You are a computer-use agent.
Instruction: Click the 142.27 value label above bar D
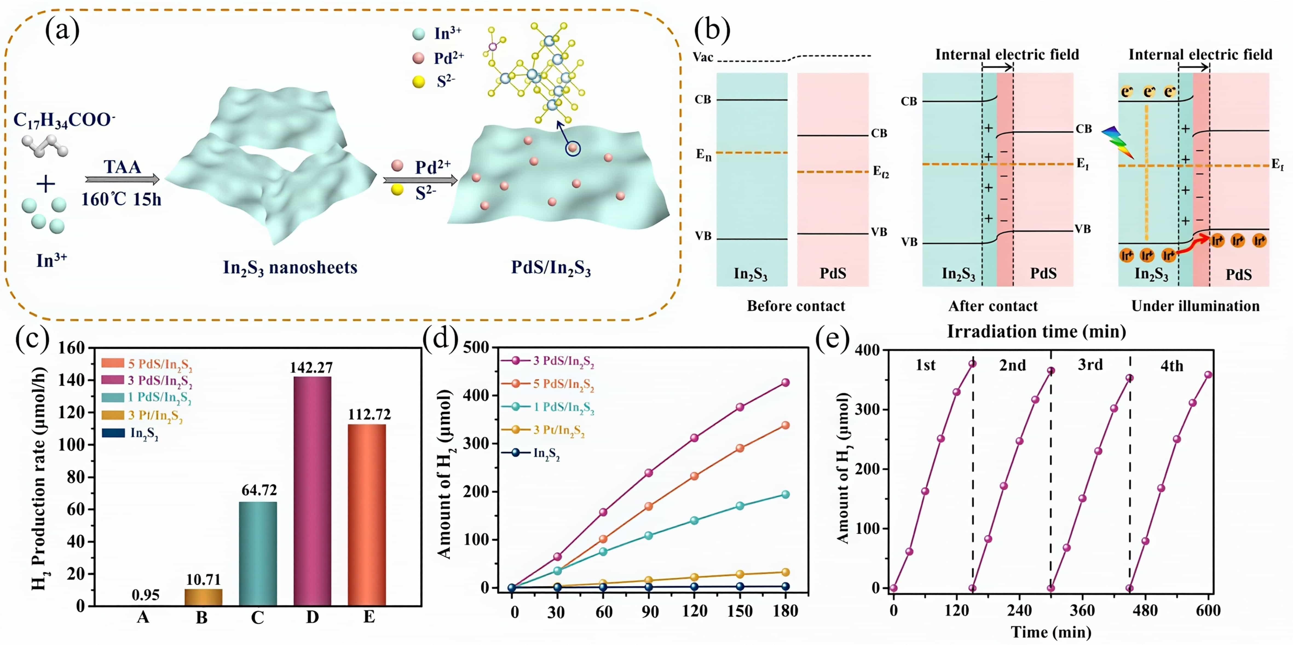click(311, 368)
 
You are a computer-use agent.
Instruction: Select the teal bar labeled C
click(258, 553)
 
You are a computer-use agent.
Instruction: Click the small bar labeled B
click(203, 597)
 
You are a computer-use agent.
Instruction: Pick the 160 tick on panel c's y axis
click(72, 348)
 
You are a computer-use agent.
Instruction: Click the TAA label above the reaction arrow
click(122, 167)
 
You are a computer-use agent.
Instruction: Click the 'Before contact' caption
click(796, 306)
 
